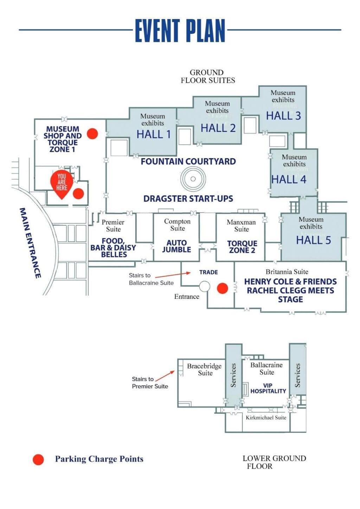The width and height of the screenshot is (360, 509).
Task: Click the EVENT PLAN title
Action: click(180, 31)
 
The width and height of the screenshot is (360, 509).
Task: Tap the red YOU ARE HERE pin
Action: click(62, 182)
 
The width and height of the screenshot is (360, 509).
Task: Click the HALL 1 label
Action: click(154, 134)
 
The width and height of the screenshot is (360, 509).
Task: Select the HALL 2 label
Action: click(218, 128)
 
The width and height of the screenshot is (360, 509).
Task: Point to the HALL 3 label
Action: click(283, 116)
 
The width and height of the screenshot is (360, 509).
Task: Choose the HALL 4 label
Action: click(289, 179)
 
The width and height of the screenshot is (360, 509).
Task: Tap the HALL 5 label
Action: click(313, 240)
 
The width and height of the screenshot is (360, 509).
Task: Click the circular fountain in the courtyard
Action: click(193, 179)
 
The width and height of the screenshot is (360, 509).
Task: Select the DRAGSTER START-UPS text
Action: click(188, 199)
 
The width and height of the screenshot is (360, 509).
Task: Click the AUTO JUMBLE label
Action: click(176, 246)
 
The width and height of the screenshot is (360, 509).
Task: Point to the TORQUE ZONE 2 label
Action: click(242, 247)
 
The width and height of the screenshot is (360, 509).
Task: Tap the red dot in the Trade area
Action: click(222, 288)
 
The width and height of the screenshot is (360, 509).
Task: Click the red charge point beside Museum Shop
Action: click(92, 133)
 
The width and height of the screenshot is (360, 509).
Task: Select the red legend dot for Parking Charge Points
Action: click(38, 459)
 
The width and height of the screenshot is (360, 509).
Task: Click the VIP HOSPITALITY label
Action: click(268, 388)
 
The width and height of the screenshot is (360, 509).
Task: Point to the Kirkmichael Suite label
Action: click(266, 418)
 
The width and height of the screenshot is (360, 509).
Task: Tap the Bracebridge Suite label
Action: click(204, 369)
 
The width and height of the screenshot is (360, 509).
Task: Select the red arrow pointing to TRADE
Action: click(173, 275)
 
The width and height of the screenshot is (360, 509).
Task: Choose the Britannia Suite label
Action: click(287, 272)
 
